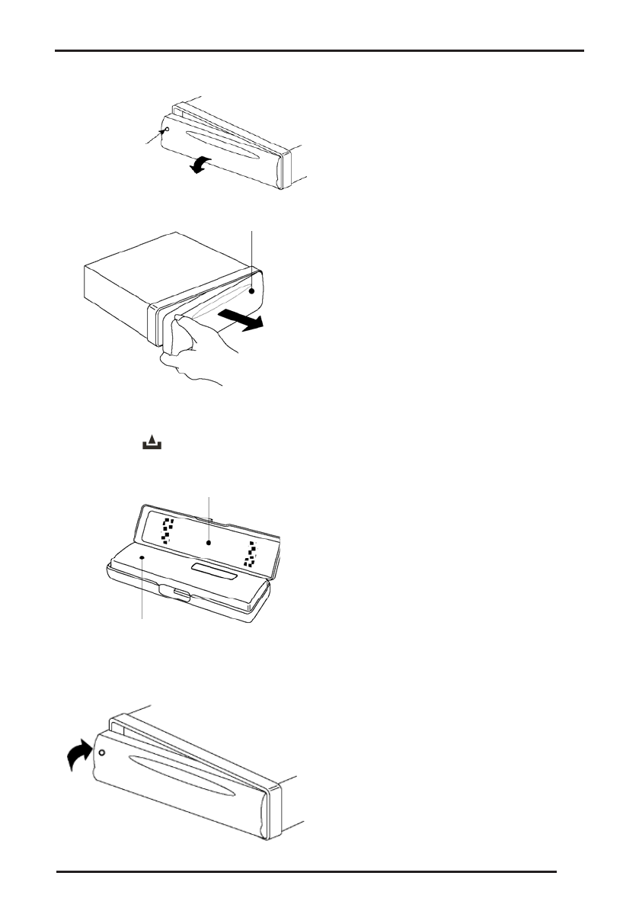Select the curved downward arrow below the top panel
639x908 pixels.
tap(200, 164)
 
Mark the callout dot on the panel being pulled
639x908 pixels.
tap(251, 290)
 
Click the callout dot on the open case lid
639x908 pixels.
tap(209, 544)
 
